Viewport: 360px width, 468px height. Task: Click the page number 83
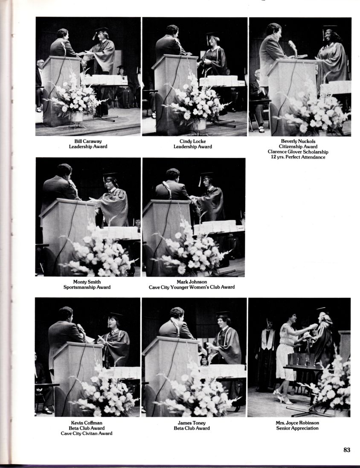coord(346,450)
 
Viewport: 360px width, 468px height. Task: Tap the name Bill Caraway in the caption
coord(88,141)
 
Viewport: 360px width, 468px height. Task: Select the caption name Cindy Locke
coord(193,141)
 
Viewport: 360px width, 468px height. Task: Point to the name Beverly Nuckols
coord(298,141)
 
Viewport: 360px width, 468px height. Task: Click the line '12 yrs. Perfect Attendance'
coord(298,157)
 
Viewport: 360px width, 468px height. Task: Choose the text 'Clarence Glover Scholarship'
coord(298,152)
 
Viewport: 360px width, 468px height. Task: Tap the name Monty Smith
coord(87,282)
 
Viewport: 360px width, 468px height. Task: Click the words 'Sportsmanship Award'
coord(87,287)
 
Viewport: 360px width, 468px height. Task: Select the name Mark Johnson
coord(192,282)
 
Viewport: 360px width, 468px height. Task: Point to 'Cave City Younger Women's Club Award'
coord(192,287)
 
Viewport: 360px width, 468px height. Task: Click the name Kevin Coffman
coord(87,423)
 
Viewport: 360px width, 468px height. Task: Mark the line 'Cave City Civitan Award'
coord(87,433)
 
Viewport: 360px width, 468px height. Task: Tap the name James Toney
coord(192,423)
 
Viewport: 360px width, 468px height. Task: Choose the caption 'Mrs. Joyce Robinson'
coord(297,423)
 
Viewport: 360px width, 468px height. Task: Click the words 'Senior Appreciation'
coord(297,428)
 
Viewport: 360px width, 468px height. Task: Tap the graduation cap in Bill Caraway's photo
coord(101,30)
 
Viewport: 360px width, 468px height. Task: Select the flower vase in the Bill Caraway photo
coord(76,117)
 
